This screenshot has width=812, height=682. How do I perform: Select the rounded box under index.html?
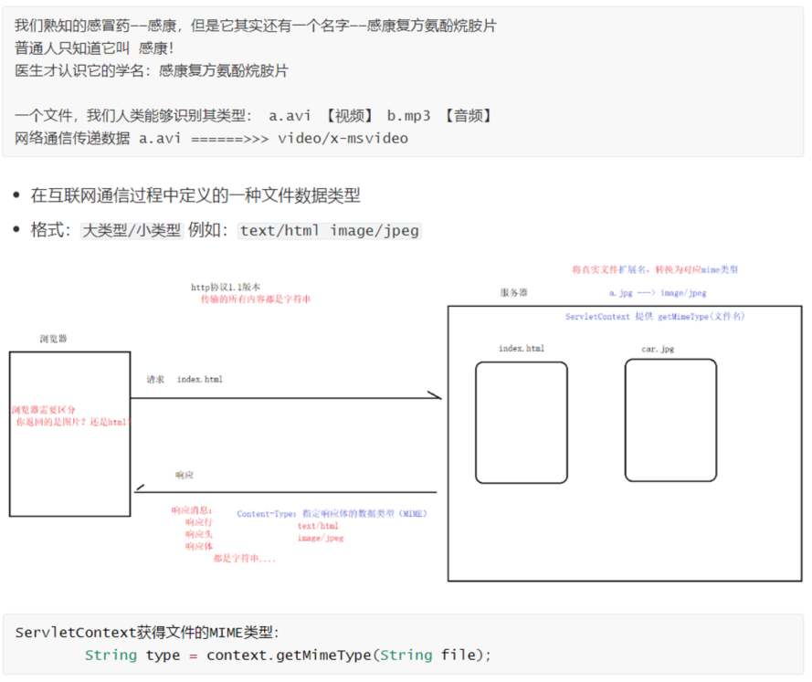click(521, 422)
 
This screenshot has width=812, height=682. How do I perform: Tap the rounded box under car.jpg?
click(670, 419)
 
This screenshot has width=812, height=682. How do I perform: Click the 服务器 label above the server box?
click(513, 293)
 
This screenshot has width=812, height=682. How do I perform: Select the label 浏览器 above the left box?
click(53, 339)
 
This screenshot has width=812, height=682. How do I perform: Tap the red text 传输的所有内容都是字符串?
click(256, 299)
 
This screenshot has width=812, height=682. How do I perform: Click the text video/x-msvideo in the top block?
click(343, 139)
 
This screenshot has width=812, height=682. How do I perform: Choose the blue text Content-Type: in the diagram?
click(267, 514)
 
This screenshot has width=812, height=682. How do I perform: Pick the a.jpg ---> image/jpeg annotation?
click(658, 293)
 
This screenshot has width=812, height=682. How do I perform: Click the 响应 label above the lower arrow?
click(185, 476)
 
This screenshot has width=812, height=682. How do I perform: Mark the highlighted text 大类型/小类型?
click(132, 231)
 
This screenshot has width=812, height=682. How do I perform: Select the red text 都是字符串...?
click(244, 558)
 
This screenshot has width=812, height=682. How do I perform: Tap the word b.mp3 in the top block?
click(408, 116)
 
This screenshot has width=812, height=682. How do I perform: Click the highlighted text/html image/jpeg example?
click(330, 231)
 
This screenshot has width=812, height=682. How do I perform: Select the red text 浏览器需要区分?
click(44, 411)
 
